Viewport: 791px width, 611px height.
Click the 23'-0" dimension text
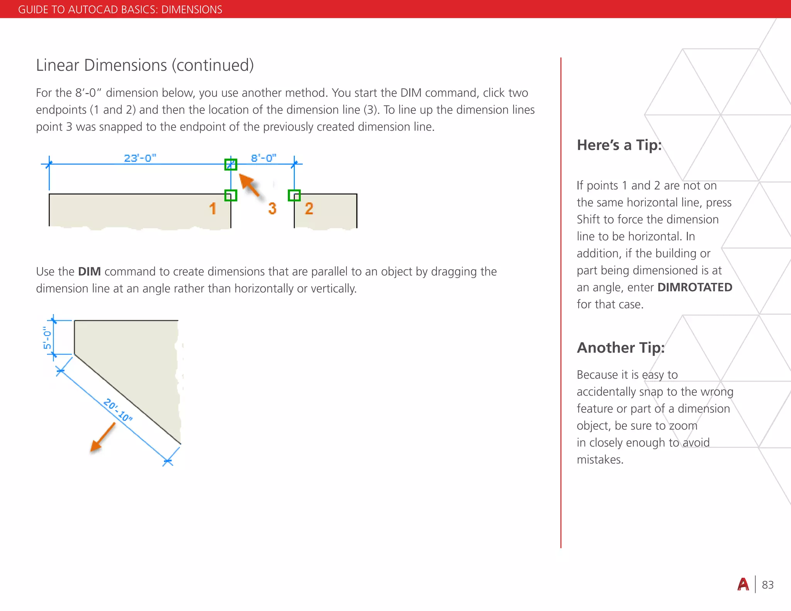[140, 158]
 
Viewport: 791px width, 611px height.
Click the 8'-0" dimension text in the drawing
[263, 158]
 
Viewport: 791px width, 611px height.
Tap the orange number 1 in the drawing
[213, 209]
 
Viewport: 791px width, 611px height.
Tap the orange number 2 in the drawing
[309, 209]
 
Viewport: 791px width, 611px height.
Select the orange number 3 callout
[272, 209]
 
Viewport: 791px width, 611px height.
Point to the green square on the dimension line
[231, 165]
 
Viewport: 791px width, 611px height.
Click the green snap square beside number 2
[294, 195]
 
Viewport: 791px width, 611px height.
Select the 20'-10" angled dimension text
[118, 410]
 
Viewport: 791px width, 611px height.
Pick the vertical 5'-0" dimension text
[47, 338]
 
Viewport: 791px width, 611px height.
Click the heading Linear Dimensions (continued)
[145, 65]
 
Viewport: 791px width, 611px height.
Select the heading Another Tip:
[621, 348]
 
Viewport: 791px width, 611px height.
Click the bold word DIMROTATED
[694, 287]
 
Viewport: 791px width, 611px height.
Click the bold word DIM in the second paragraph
[89, 272]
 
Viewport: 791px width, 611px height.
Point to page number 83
[767, 585]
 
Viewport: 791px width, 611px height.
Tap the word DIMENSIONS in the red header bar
[192, 9]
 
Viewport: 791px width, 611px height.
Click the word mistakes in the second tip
[599, 460]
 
